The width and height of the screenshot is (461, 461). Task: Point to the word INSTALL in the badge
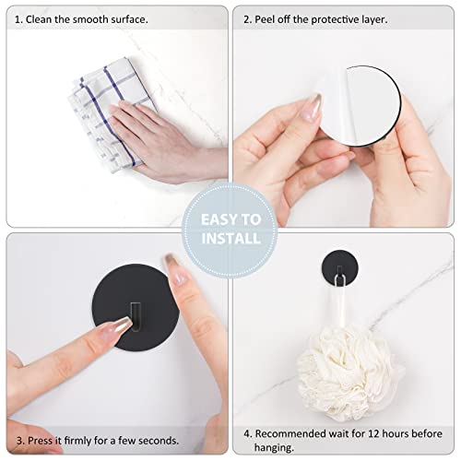[x=230, y=239]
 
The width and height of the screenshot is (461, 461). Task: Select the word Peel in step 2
[x=270, y=18]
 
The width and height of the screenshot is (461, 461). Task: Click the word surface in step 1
[x=131, y=18]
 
